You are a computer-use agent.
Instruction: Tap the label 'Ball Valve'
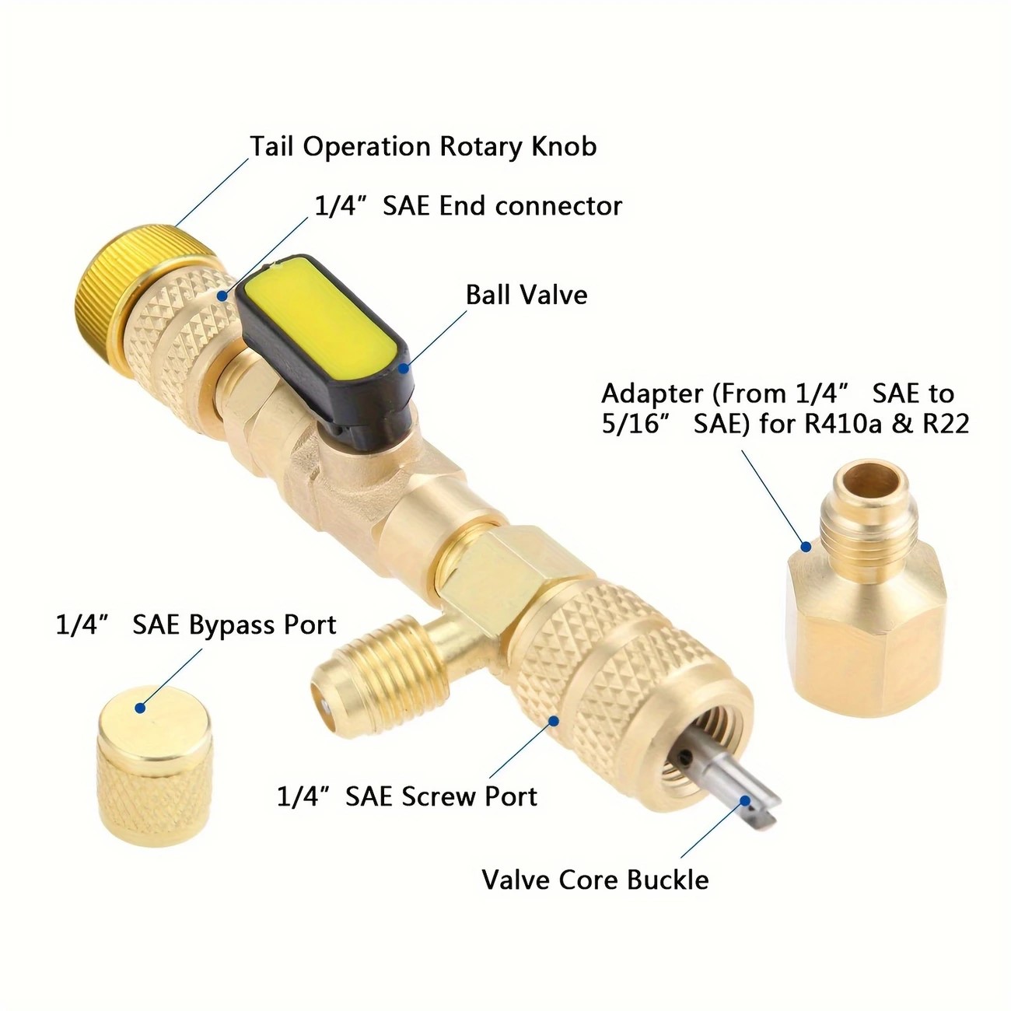pyautogui.click(x=526, y=295)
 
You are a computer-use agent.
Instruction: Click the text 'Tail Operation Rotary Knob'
pyautogui.click(x=423, y=146)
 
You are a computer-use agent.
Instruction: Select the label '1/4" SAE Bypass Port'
pyautogui.click(x=196, y=624)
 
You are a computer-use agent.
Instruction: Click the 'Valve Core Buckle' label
pyautogui.click(x=595, y=880)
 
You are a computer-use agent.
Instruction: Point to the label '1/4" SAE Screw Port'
pyautogui.click(x=408, y=796)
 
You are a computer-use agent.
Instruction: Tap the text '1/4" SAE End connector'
pyautogui.click(x=468, y=206)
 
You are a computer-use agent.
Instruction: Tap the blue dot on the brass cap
pyautogui.click(x=139, y=708)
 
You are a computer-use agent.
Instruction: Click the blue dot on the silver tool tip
pyautogui.click(x=744, y=800)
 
